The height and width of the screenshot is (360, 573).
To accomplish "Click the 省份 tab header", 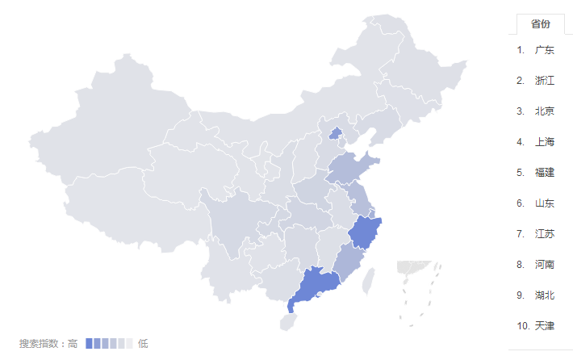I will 540,24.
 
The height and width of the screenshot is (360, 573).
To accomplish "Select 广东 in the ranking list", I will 544,50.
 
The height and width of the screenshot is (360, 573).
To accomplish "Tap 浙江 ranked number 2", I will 544,81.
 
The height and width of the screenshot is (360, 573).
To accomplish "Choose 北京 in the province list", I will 544,111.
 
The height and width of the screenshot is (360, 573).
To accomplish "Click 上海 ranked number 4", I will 544,142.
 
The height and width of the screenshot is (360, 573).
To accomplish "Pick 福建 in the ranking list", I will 544,173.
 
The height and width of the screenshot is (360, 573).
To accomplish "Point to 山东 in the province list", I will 544,203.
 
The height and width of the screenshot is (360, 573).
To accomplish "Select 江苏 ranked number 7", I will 544,234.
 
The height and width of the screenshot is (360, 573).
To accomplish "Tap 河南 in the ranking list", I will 544,265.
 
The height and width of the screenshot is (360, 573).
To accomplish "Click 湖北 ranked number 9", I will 544,295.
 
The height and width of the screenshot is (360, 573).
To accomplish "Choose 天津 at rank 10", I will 544,326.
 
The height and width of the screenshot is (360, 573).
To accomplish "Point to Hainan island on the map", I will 286,321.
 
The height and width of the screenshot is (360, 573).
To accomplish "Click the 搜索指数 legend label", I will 42,344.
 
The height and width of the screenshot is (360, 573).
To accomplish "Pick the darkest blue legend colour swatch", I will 89,344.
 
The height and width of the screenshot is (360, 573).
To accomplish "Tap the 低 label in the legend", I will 142,344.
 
